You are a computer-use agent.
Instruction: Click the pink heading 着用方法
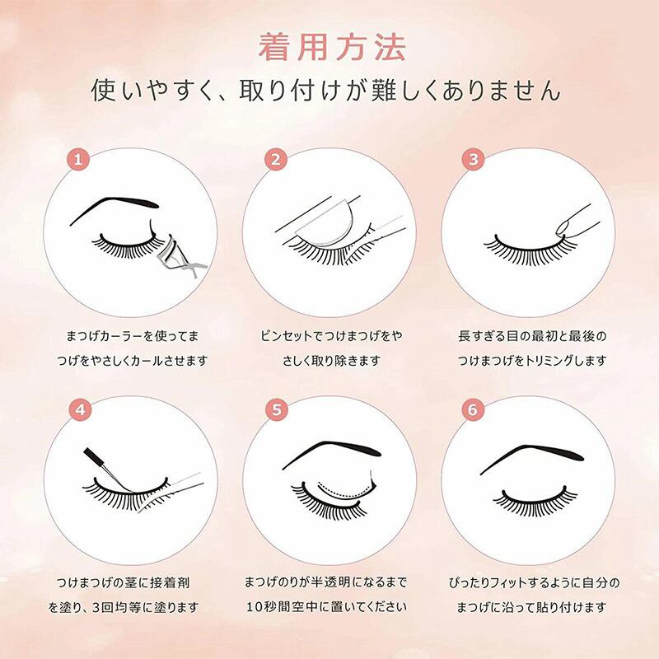pyautogui.click(x=332, y=47)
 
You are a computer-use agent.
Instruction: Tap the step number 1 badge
pyautogui.click(x=78, y=160)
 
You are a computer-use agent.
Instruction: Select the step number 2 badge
pyautogui.click(x=276, y=160)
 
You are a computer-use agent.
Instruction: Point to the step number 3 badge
pyautogui.click(x=474, y=160)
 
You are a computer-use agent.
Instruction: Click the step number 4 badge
pyautogui.click(x=80, y=409)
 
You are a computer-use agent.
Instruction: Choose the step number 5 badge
pyautogui.click(x=277, y=409)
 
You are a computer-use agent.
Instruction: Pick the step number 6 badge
pyautogui.click(x=473, y=409)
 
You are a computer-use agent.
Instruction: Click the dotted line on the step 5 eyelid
pyautogui.click(x=344, y=490)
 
